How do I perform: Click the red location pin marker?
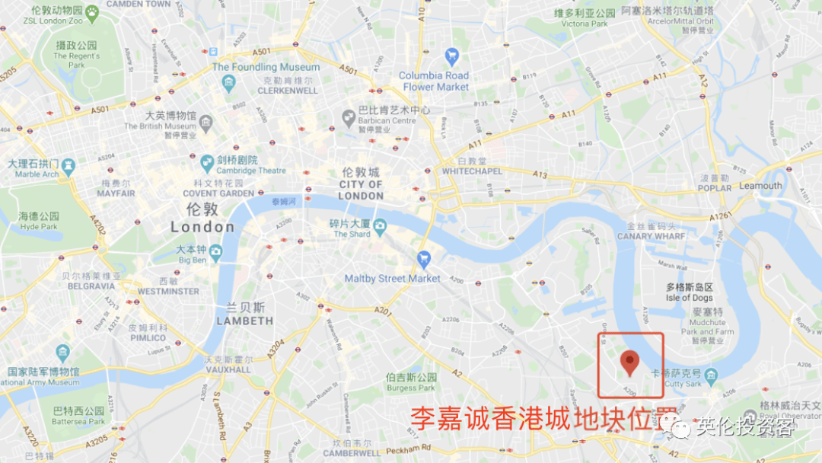(x=629, y=362)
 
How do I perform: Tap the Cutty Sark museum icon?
(x=711, y=376)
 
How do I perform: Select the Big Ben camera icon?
(x=216, y=252)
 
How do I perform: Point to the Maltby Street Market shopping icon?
(x=424, y=260)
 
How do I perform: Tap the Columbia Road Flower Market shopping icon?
(x=452, y=56)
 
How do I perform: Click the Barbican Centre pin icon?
(x=349, y=117)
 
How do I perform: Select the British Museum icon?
(x=206, y=121)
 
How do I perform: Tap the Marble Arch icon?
(x=68, y=165)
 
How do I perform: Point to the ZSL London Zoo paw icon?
(x=92, y=11)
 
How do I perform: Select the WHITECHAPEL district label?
(x=473, y=171)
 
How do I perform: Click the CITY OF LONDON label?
(x=361, y=190)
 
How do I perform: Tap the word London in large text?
(x=202, y=227)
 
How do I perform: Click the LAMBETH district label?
(x=244, y=321)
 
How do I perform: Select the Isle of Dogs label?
(x=689, y=298)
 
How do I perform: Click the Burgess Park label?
(x=412, y=388)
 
